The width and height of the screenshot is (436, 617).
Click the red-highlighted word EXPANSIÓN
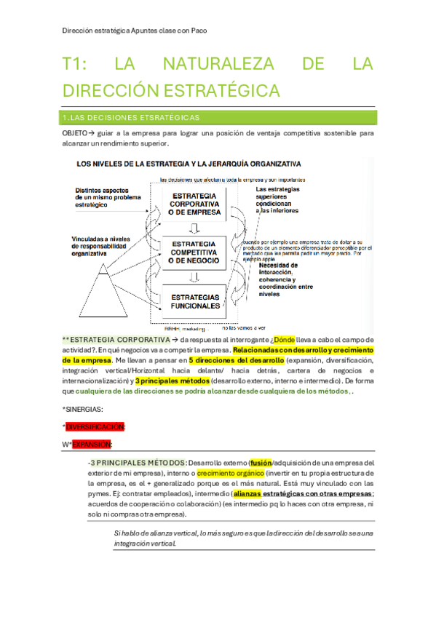tap(91, 444)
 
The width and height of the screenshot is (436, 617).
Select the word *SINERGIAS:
tap(82, 410)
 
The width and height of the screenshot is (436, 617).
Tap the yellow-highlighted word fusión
tap(259, 462)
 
